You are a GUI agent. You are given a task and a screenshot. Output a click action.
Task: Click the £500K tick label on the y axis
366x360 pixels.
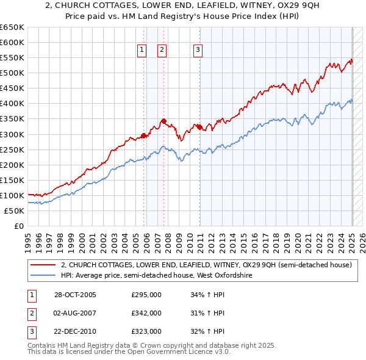pyautogui.click(x=12, y=73)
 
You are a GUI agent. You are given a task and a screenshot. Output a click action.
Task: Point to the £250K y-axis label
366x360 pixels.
pyautogui.click(x=12, y=149)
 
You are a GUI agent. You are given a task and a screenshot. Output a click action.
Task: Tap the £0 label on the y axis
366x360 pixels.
pyautogui.click(x=20, y=226)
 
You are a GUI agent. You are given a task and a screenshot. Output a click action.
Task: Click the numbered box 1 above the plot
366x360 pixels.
pyautogui.click(x=142, y=51)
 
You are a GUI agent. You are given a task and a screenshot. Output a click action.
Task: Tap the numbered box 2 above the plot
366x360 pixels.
pyautogui.click(x=162, y=51)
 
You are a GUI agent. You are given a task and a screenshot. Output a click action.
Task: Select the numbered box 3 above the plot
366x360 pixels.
pyautogui.click(x=199, y=51)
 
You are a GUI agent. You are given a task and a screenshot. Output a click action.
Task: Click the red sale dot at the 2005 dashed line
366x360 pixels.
pyautogui.click(x=144, y=135)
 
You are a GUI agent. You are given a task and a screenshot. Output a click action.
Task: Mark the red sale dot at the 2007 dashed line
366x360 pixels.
pyautogui.click(x=163, y=121)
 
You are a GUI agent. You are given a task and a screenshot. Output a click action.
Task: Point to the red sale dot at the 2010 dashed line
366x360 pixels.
pyautogui.click(x=200, y=127)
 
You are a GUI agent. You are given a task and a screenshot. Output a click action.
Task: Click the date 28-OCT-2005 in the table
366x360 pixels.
pyautogui.click(x=75, y=295)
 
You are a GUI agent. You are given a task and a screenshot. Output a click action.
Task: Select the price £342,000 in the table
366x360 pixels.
pyautogui.click(x=146, y=313)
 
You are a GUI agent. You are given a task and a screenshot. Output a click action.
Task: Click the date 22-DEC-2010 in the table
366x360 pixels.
pyautogui.click(x=75, y=331)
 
